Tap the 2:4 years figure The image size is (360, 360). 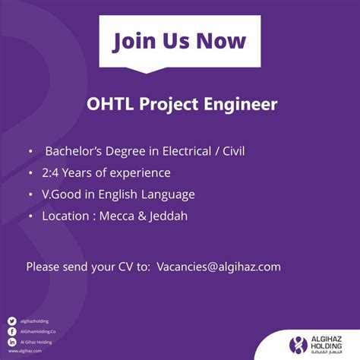pyautogui.click(x=52, y=172)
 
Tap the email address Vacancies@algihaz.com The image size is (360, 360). pyautogui.click(x=219, y=267)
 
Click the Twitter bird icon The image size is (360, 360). pyautogui.click(x=11, y=321)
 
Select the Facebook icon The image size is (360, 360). pyautogui.click(x=11, y=332)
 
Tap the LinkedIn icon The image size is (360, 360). pyautogui.click(x=11, y=343)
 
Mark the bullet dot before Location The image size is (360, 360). pyautogui.click(x=30, y=216)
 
